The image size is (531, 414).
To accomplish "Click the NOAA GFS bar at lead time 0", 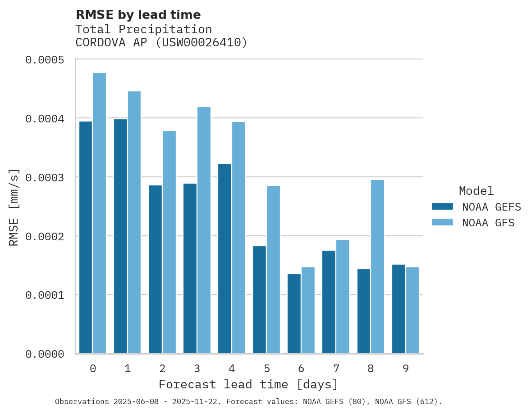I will (100, 213).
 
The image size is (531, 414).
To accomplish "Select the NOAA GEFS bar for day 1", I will (120, 236).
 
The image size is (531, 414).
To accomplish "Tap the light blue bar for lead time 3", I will (204, 230).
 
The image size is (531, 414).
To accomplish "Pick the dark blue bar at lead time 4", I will (224, 259).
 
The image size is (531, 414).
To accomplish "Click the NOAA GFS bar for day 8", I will (377, 267).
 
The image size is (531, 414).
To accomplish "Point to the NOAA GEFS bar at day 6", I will (294, 314).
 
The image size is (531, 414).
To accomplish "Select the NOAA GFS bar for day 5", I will (273, 270).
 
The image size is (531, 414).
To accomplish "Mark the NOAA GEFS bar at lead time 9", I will (398, 309).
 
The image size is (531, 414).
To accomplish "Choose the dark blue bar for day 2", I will (155, 270).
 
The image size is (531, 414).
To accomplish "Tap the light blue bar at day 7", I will (343, 297).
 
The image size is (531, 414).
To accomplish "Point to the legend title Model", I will (476, 191).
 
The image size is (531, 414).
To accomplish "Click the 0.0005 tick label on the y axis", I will (44, 60).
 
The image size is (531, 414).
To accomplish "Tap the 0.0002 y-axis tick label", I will (44, 236).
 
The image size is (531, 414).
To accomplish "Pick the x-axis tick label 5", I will (266, 369).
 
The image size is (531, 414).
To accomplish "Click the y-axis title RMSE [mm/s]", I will (14, 207).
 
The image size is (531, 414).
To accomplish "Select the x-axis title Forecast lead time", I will (248, 385).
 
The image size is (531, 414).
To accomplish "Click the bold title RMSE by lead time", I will (138, 15).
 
